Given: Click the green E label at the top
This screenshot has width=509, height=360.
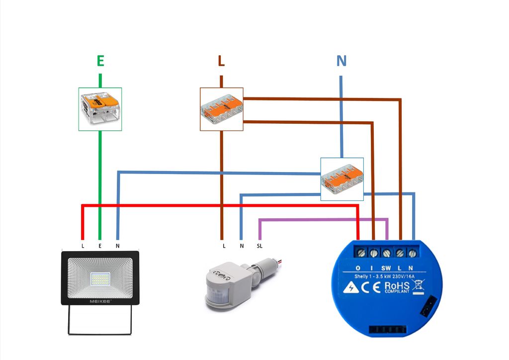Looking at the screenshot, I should (100, 61).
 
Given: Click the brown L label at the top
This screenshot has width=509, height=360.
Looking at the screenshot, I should (221, 61).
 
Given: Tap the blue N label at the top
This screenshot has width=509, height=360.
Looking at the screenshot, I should (341, 61).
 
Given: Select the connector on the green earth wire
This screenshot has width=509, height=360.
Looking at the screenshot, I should (100, 109).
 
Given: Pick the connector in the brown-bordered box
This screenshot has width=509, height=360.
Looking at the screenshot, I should (222, 109).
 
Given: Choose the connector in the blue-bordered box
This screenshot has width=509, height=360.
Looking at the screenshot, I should (342, 179).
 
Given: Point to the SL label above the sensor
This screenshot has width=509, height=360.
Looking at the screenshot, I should (259, 246).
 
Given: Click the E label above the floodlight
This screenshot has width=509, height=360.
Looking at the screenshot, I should (100, 246).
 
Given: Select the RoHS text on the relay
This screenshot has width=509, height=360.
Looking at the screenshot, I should (397, 286).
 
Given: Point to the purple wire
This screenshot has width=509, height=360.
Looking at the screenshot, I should (323, 219).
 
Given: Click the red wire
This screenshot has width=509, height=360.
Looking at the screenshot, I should (219, 205).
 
